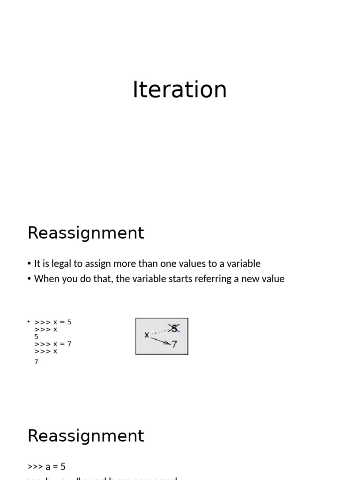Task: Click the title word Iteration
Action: pyautogui.click(x=180, y=89)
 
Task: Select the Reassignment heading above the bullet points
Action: pyautogui.click(x=86, y=233)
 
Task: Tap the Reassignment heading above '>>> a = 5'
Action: pyautogui.click(x=86, y=436)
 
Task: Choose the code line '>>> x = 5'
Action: pyautogui.click(x=52, y=322)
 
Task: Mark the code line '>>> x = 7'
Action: pyautogui.click(x=52, y=344)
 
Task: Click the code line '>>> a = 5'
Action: pyautogui.click(x=46, y=466)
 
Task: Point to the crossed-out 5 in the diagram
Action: pyautogui.click(x=174, y=329)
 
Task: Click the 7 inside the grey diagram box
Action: pyautogui.click(x=174, y=345)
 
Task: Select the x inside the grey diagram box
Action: pyautogui.click(x=147, y=335)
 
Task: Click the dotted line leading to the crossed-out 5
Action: pyautogui.click(x=159, y=331)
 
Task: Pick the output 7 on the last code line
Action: pyautogui.click(x=36, y=362)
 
